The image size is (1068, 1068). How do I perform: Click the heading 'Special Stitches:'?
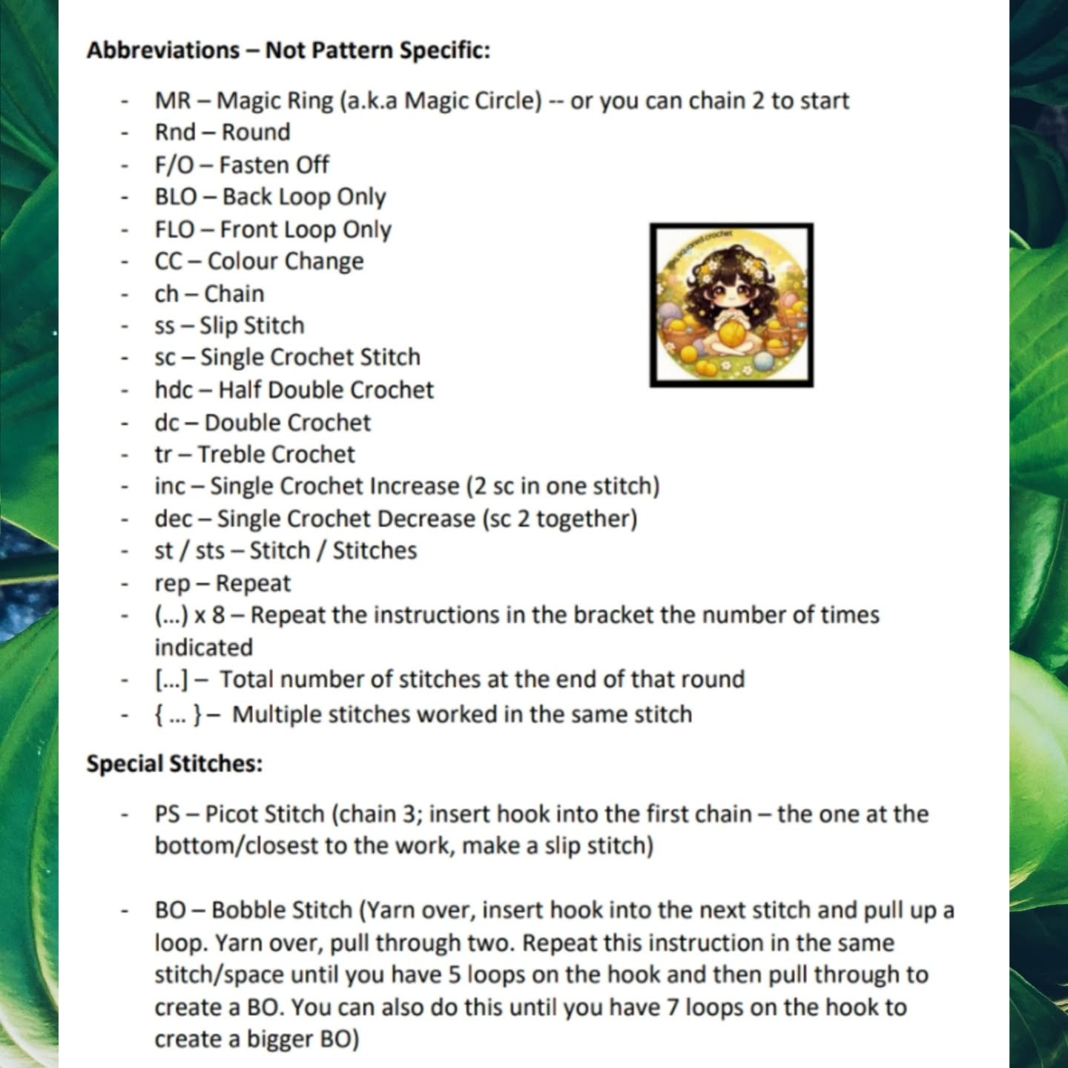(174, 763)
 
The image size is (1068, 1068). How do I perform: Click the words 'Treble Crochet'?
(276, 454)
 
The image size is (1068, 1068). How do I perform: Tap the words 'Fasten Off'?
(274, 165)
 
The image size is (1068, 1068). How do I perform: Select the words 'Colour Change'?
(286, 261)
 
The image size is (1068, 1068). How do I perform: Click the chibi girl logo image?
(731, 305)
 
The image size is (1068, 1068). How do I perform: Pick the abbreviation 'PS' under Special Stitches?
(167, 814)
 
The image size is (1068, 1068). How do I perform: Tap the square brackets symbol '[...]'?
(171, 679)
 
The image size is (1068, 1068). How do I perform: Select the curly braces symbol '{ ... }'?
(178, 714)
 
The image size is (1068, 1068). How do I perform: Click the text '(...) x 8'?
(190, 615)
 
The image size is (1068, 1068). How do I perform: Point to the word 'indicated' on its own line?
(203, 647)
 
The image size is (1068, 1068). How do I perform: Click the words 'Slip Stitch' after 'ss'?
(251, 326)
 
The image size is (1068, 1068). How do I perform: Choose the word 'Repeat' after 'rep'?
(253, 584)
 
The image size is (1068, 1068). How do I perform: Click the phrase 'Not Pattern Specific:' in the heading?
(378, 50)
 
